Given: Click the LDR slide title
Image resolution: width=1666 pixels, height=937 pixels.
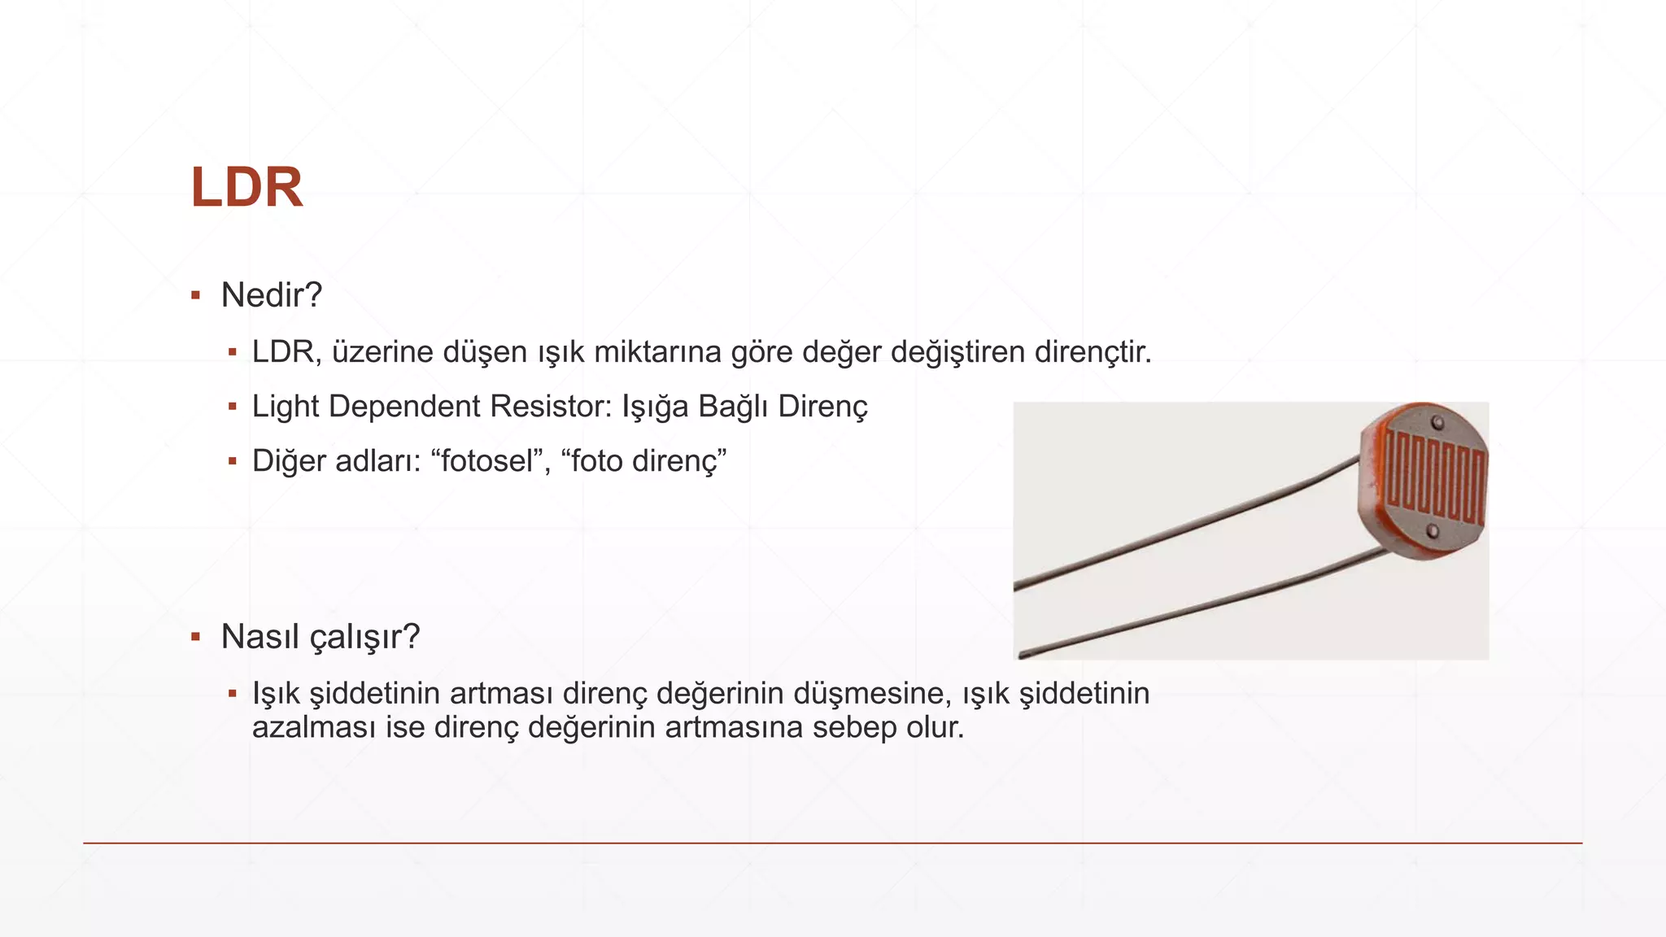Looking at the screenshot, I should (x=246, y=188).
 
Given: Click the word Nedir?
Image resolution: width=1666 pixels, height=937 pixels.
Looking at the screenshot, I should (x=272, y=295).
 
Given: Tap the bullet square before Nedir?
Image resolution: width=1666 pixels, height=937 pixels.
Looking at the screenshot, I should (x=195, y=295).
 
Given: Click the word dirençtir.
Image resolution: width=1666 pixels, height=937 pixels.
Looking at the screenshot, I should (x=1092, y=352).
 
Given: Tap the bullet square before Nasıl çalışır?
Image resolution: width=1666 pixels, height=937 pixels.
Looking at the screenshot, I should (x=195, y=637).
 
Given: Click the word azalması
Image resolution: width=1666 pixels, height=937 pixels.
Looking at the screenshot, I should (x=314, y=727).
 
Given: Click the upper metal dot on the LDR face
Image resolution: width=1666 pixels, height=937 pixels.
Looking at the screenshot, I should (x=1437, y=423).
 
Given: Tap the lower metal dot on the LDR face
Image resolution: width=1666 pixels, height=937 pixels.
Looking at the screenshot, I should (x=1433, y=532).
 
